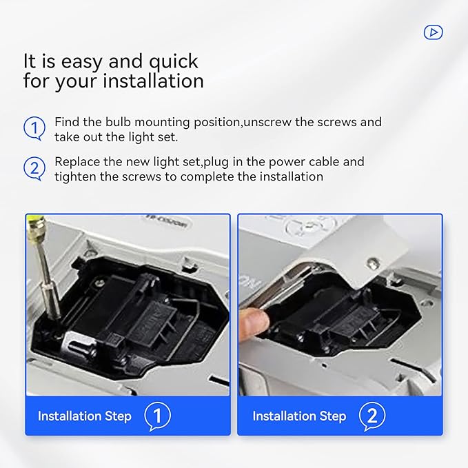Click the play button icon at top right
433,32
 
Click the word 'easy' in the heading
81,62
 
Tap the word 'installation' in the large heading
153,81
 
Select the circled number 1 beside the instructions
34,128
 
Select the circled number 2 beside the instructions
34,169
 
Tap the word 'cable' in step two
323,162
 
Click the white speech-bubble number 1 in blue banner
157,416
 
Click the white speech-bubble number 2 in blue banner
372,416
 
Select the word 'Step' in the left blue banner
118,417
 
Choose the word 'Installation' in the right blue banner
284,416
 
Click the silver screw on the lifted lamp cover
372,263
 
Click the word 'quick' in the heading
173,63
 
